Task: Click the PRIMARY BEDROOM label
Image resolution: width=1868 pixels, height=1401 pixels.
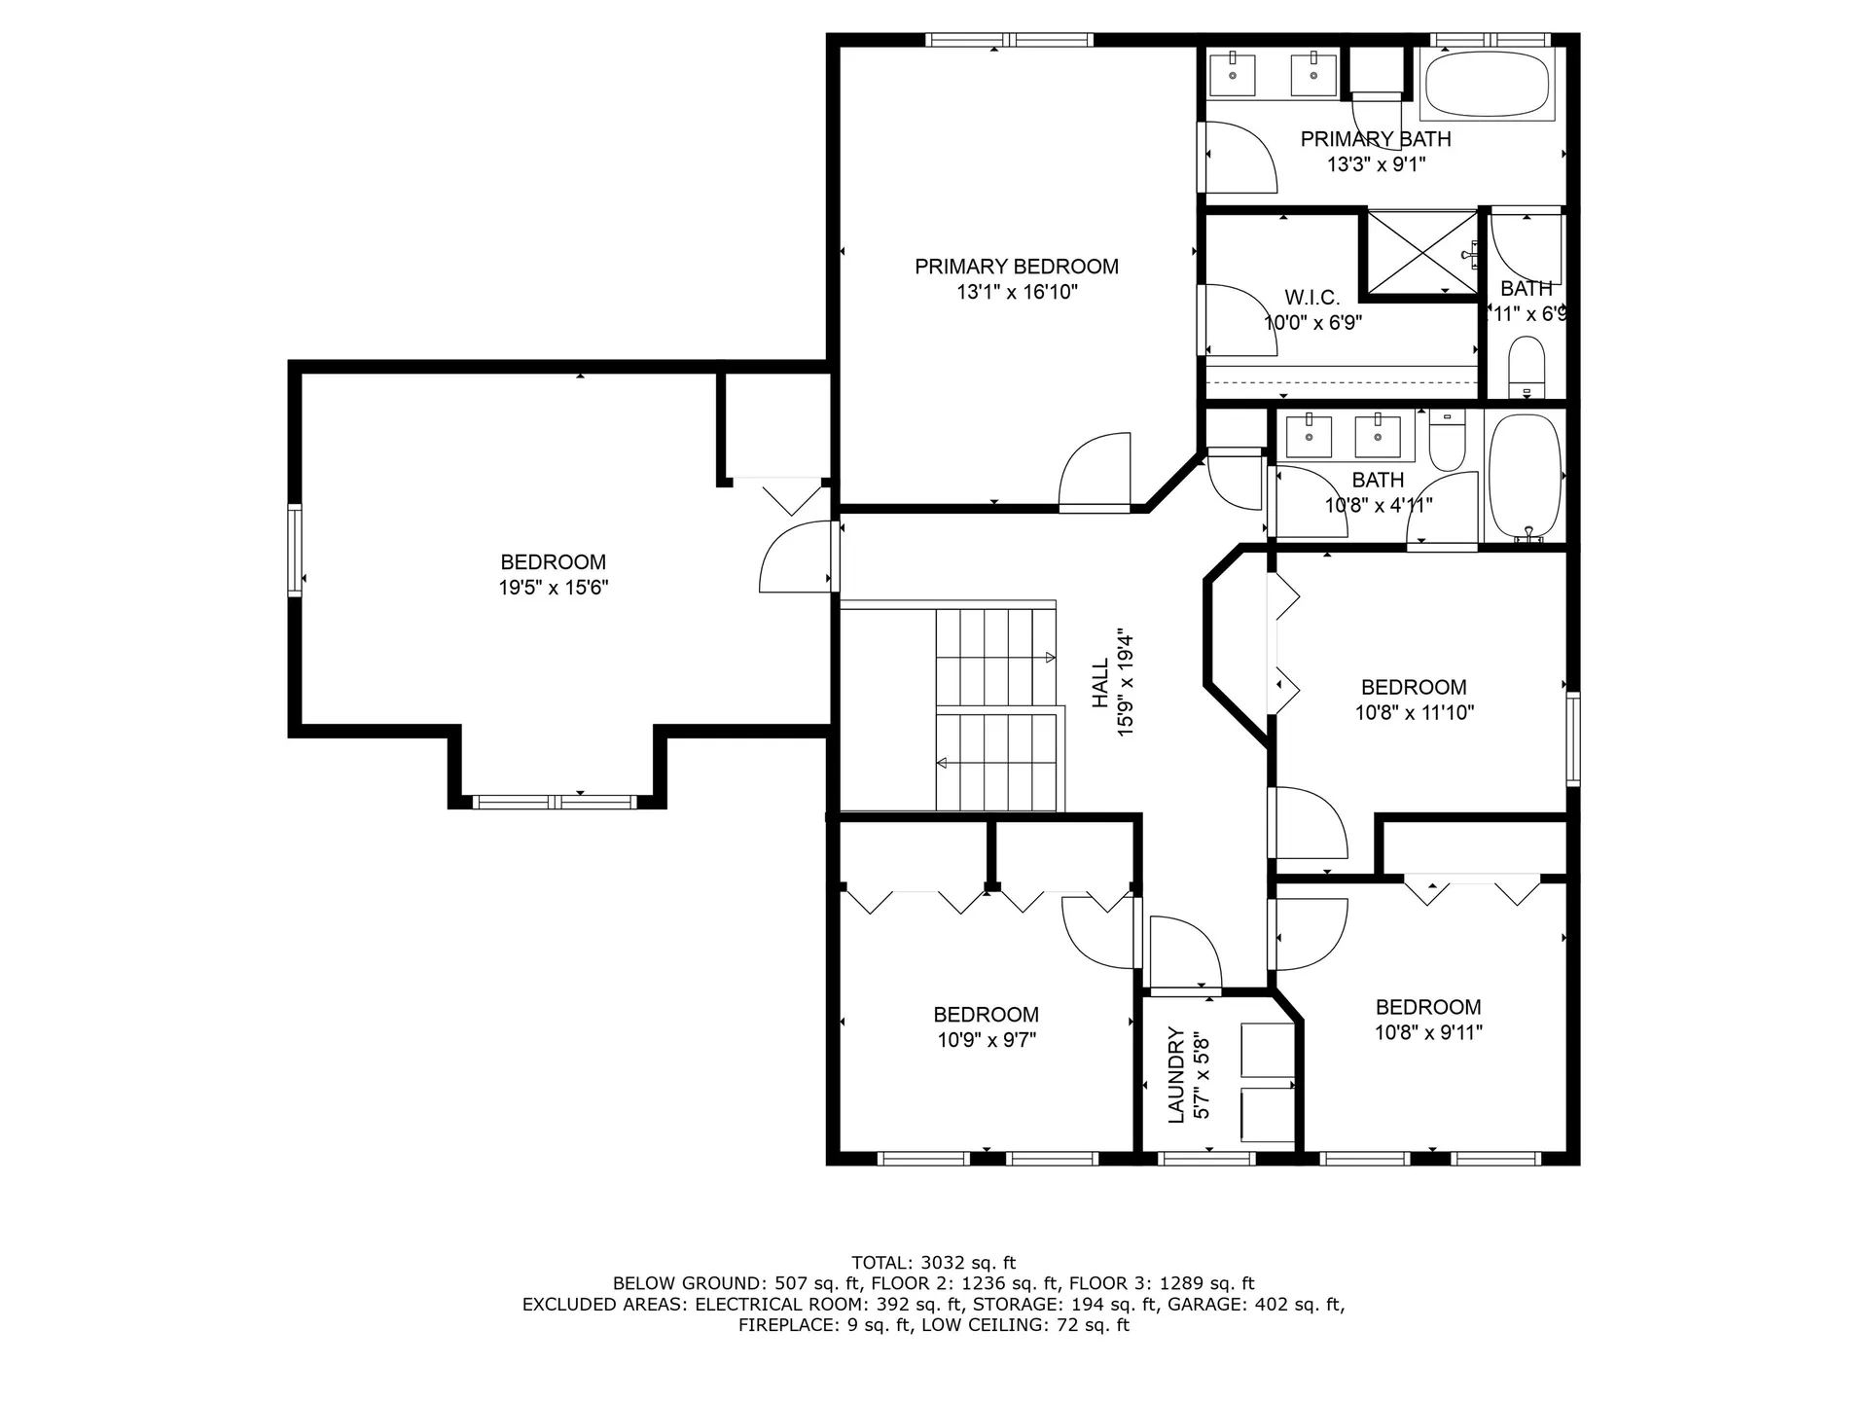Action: pyautogui.click(x=1016, y=267)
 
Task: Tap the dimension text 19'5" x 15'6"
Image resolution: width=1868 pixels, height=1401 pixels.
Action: pyautogui.click(x=553, y=588)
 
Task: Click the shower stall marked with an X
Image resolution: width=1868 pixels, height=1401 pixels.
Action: pyautogui.click(x=1421, y=251)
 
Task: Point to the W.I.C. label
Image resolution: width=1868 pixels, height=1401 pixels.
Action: pyautogui.click(x=1311, y=298)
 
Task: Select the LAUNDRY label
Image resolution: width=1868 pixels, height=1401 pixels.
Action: pyautogui.click(x=1175, y=1074)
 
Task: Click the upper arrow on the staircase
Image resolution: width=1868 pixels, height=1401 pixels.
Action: pyautogui.click(x=1050, y=658)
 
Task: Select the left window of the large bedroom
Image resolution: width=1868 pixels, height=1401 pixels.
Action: pyautogui.click(x=294, y=550)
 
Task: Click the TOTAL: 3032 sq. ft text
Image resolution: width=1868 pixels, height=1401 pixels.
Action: pyautogui.click(x=933, y=1263)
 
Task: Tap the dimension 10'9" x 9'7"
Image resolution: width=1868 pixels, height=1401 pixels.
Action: pyautogui.click(x=987, y=1040)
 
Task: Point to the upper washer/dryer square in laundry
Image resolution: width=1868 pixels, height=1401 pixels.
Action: pyautogui.click(x=1267, y=1049)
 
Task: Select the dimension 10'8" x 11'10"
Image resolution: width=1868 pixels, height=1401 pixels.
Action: pyautogui.click(x=1414, y=712)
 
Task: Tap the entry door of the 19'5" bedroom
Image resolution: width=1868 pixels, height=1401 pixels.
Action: pyautogui.click(x=797, y=557)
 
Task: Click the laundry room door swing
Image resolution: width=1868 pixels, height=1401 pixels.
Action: pyautogui.click(x=1184, y=952)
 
